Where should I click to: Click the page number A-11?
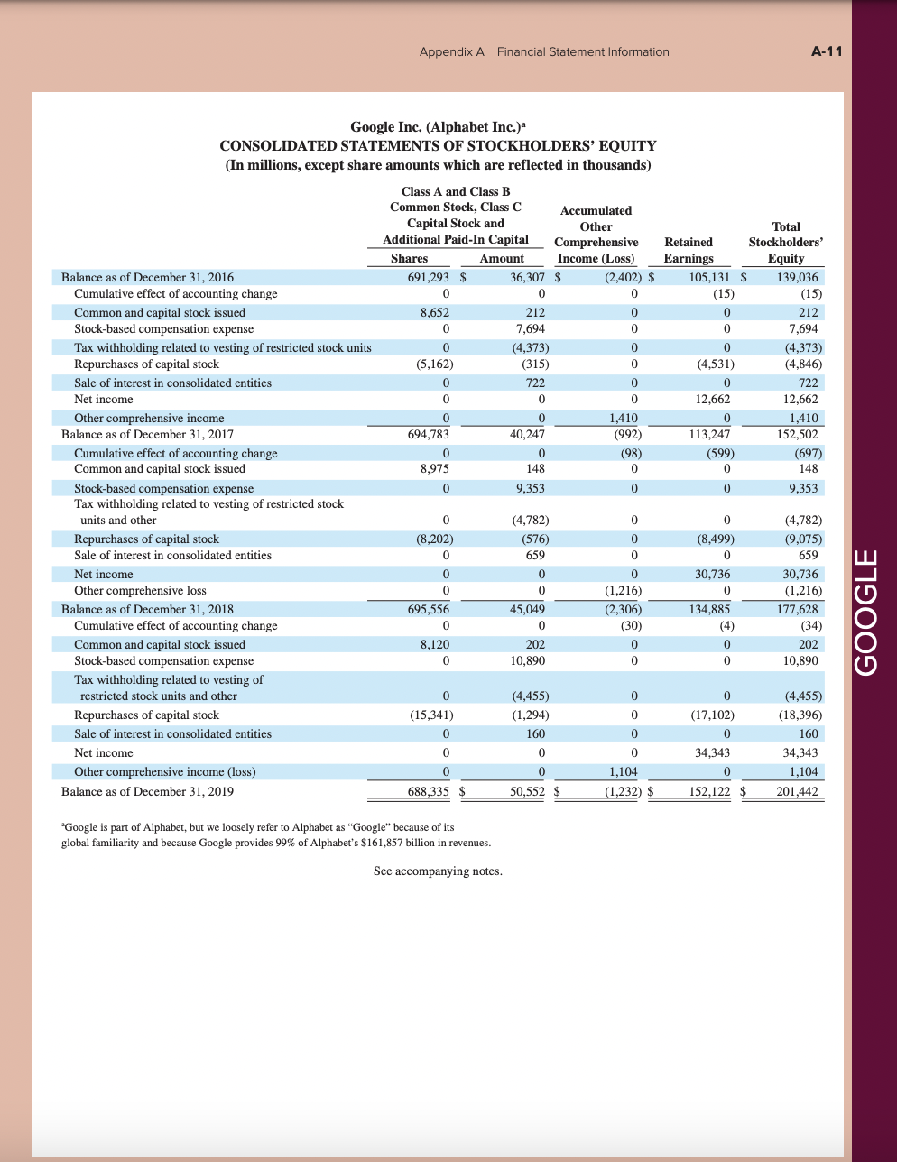pyautogui.click(x=827, y=51)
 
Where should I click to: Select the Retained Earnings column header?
pyautogui.click(x=689, y=250)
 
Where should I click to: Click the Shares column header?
pyautogui.click(x=409, y=258)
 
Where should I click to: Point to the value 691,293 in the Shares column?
pyautogui.click(x=429, y=278)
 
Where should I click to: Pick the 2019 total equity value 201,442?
pyautogui.click(x=797, y=791)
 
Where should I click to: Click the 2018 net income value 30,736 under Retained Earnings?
pyautogui.click(x=712, y=574)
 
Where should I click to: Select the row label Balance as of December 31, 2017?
pyautogui.click(x=147, y=434)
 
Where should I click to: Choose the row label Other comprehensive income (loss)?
pyautogui.click(x=164, y=771)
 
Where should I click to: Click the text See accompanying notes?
pyautogui.click(x=438, y=871)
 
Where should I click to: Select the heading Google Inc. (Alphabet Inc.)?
pyautogui.click(x=438, y=127)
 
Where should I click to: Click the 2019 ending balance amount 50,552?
pyautogui.click(x=527, y=791)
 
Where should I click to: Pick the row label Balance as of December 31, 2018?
pyautogui.click(x=147, y=609)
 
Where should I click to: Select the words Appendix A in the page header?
pyautogui.click(x=451, y=51)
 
